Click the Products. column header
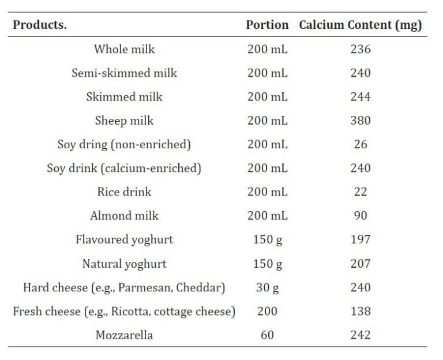point(39,25)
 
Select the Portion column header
point(267,25)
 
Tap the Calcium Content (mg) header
point(361,25)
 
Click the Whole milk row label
point(124,49)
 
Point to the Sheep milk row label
point(124,121)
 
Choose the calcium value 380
point(361,121)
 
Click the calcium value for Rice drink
point(361,192)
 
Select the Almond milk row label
point(124,216)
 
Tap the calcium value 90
point(361,216)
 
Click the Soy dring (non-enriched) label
point(124,144)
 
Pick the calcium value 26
point(361,144)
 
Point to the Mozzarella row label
point(124,335)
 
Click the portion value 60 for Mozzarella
point(267,335)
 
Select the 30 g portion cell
point(267,287)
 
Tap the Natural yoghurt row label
point(124,264)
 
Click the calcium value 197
point(361,239)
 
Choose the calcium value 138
point(361,311)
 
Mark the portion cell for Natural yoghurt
point(267,264)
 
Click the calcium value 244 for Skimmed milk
point(361,97)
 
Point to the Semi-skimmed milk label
point(124,73)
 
